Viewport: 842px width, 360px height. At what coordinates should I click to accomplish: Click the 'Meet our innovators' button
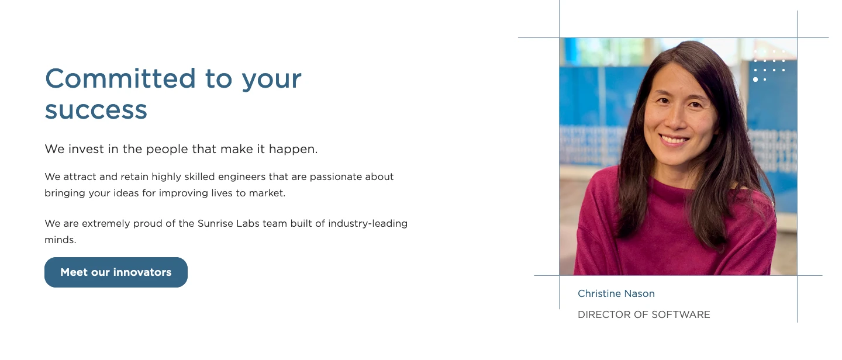tap(116, 272)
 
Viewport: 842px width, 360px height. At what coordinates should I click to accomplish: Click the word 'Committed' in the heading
tap(120, 78)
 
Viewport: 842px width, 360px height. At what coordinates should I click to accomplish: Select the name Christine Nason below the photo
tap(616, 293)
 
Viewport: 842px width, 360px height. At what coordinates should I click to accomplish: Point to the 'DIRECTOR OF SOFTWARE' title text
tap(644, 314)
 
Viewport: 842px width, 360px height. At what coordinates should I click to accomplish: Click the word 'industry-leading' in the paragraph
tap(368, 224)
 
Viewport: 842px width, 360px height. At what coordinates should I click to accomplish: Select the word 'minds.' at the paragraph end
tap(61, 240)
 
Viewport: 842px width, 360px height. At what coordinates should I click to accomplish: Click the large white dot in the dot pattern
tap(755, 79)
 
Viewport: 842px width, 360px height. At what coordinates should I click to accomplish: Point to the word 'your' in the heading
tap(271, 81)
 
